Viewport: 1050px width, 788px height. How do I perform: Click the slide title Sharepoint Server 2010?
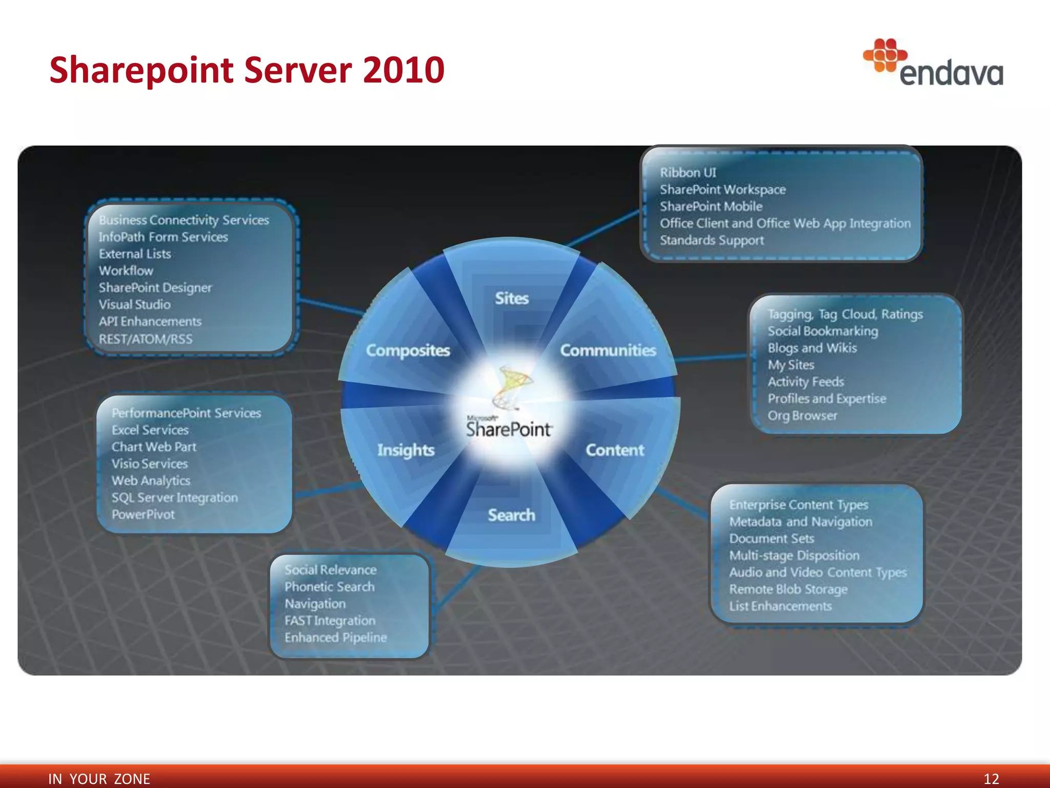[x=247, y=70]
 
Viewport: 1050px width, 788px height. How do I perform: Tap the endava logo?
[x=934, y=64]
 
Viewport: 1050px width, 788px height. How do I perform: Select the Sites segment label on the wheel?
[x=511, y=298]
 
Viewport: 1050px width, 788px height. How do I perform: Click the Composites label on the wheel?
[x=408, y=350]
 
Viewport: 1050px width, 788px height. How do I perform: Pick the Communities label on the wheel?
[x=608, y=350]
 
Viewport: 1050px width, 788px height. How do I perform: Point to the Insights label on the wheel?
[x=406, y=450]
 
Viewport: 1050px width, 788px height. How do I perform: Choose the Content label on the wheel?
[x=615, y=450]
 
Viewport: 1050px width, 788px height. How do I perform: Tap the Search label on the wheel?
[x=511, y=515]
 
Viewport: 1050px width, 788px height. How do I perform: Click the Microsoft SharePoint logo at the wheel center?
[x=509, y=405]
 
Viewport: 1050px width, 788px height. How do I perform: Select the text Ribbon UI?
[x=688, y=173]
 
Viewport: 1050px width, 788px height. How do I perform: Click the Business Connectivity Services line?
[x=184, y=220]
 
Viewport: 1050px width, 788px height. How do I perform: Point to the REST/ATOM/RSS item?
[x=146, y=339]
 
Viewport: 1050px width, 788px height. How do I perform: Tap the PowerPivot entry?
[x=143, y=515]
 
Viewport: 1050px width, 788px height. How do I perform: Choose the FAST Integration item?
[x=330, y=621]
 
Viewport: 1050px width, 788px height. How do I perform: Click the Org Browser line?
[x=802, y=416]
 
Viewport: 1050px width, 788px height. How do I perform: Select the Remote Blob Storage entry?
[x=788, y=589]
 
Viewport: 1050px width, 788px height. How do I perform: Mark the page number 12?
[x=991, y=779]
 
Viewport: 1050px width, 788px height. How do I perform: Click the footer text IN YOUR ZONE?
[x=99, y=779]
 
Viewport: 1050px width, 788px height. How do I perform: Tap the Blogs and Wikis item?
[x=812, y=348]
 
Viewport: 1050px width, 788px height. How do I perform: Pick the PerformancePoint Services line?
[x=186, y=413]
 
